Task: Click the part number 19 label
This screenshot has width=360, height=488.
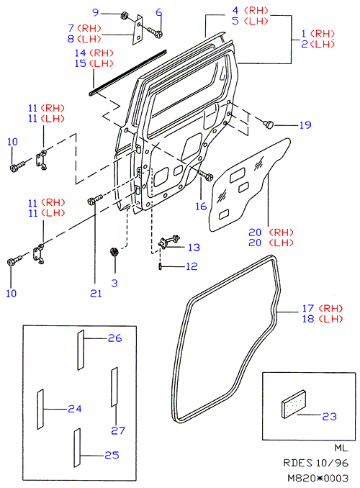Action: coord(305,125)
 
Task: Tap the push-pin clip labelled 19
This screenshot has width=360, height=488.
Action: coord(269,125)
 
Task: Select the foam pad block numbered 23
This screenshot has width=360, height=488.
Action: coord(294,404)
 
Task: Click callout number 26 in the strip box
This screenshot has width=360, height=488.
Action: coord(114,338)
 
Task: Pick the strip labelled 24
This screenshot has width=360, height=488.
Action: coord(40,410)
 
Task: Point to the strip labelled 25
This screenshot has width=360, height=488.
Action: coord(77,448)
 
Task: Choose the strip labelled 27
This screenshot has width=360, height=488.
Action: coord(114,387)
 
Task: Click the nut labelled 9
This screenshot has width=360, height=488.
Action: coord(125,15)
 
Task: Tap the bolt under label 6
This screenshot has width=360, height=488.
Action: coord(155,32)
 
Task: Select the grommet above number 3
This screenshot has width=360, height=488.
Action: coord(114,251)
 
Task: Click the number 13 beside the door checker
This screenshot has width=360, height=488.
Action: coord(194,248)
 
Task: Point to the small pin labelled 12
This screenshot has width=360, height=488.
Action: coord(160,266)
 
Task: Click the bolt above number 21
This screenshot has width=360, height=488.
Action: coord(94,199)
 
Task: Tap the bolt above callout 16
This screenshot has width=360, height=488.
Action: coord(205,175)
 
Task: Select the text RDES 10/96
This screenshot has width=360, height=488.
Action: coord(315,463)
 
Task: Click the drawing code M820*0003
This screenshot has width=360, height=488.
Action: coord(318,478)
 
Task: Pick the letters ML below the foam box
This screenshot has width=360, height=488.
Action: coord(341,448)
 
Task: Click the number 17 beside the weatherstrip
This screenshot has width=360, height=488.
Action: coord(308,309)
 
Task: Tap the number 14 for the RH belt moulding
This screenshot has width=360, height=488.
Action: coord(81,53)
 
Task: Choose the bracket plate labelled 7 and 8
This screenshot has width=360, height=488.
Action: coord(138,30)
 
